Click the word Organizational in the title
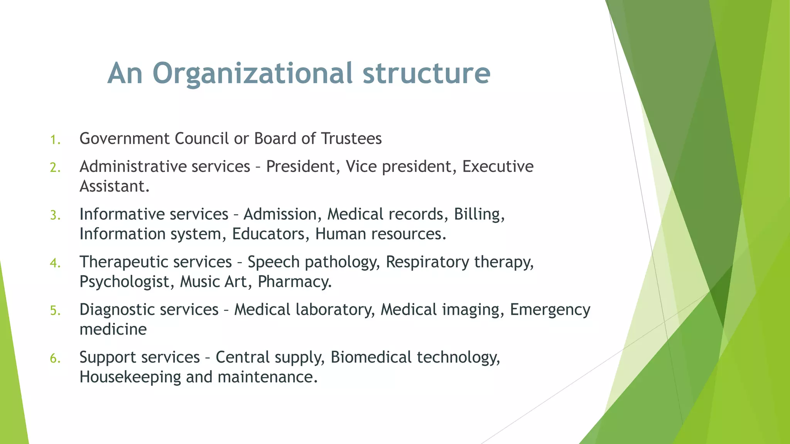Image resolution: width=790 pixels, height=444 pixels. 252,73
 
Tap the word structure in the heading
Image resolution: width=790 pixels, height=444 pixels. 426,73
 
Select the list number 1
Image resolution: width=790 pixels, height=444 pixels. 55,140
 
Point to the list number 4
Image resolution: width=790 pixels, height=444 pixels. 55,263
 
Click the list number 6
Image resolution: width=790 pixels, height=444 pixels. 55,358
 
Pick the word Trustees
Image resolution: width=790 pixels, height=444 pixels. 351,139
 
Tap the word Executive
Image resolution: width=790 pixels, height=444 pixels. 498,166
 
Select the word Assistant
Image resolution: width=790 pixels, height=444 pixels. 114,187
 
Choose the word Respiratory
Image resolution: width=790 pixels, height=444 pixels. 427,262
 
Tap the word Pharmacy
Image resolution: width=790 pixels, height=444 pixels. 294,282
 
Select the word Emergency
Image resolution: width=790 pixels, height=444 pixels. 550,310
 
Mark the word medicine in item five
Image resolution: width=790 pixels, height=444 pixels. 113,330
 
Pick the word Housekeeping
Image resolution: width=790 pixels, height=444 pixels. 130,377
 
